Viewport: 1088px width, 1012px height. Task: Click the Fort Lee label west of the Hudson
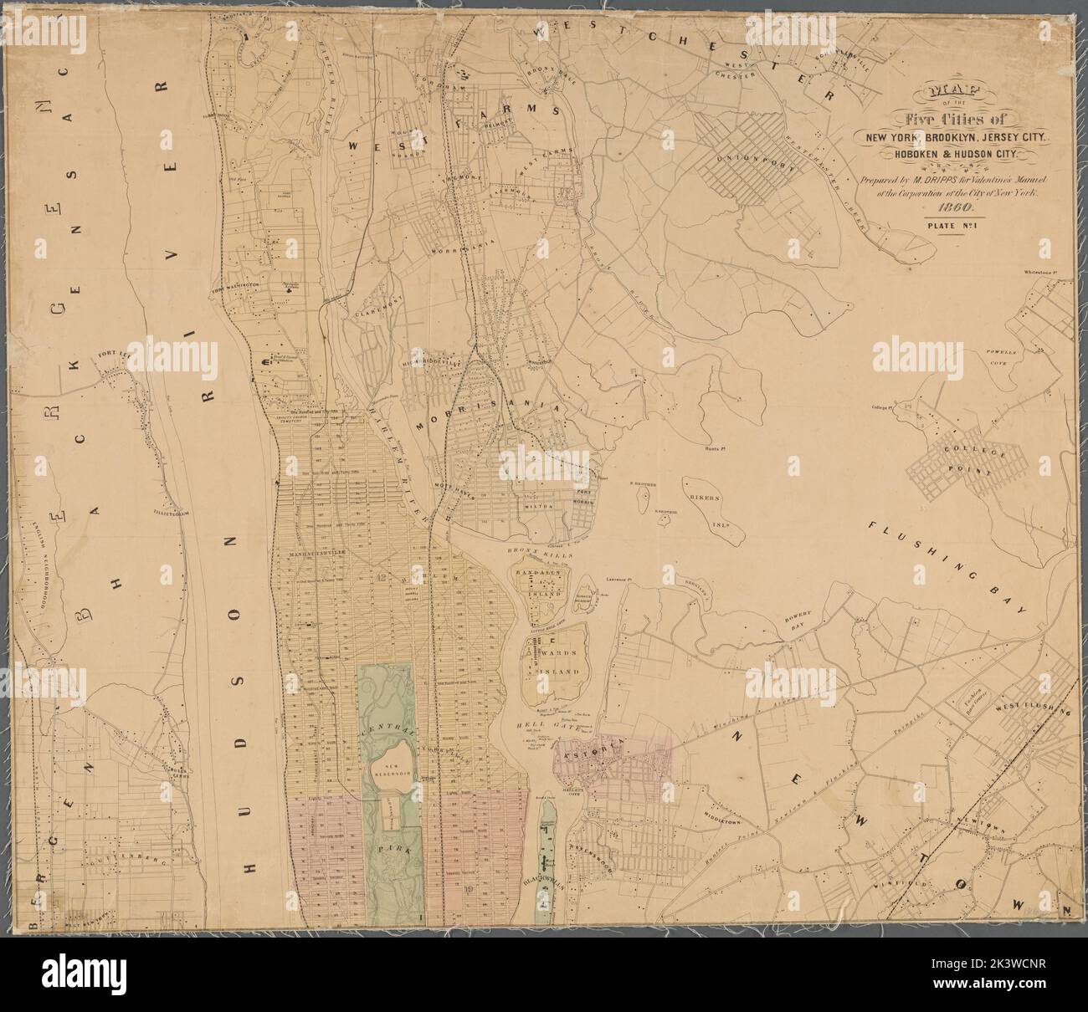click(116, 355)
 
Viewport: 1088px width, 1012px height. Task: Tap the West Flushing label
click(1033, 710)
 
